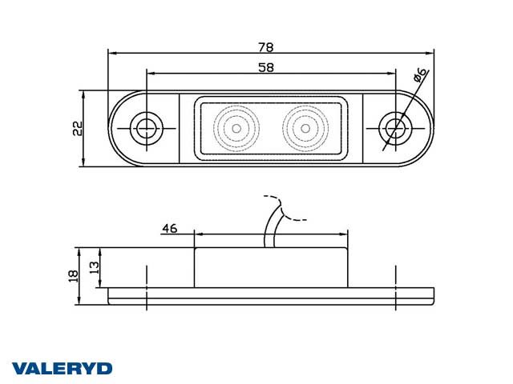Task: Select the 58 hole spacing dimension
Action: pos(265,67)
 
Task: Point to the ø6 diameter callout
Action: pos(419,78)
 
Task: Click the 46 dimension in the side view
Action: pos(169,228)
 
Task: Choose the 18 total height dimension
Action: pos(73,276)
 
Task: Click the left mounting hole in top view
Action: pos(146,126)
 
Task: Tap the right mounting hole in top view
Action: pos(393,126)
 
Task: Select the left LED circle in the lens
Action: pos(236,126)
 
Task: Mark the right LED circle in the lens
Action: pos(305,126)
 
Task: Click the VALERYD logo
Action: pos(61,368)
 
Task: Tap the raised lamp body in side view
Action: pos(271,267)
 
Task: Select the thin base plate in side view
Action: pos(271,295)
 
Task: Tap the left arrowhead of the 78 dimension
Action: pos(111,54)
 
